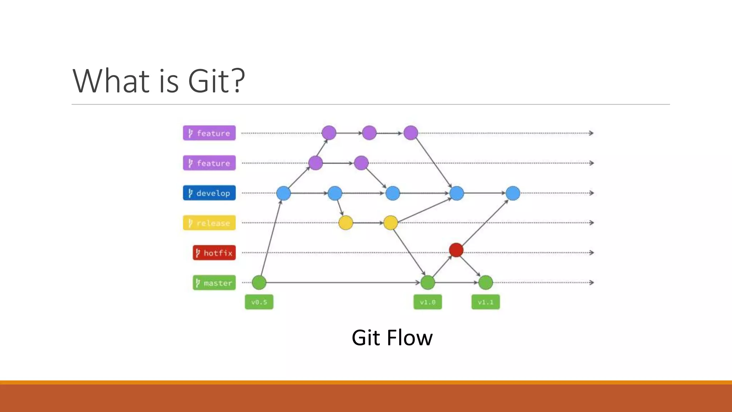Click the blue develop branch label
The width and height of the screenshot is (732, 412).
[209, 193]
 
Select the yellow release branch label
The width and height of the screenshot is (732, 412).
[209, 223]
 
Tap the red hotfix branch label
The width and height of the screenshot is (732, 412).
[214, 253]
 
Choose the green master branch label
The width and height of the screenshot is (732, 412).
[214, 283]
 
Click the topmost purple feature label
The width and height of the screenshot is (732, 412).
[209, 133]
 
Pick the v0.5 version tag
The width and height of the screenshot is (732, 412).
[259, 302]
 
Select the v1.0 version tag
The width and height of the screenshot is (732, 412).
[427, 302]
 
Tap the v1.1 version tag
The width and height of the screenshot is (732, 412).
[485, 302]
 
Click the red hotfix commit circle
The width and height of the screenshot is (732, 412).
[456, 250]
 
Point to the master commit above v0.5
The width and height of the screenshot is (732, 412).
[259, 283]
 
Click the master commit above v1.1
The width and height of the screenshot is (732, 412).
[486, 283]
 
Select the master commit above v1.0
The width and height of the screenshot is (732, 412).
[427, 283]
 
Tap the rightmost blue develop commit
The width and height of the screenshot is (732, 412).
[513, 193]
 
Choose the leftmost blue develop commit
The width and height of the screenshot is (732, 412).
[283, 193]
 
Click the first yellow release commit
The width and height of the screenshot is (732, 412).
[346, 223]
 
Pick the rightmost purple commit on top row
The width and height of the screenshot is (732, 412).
[411, 133]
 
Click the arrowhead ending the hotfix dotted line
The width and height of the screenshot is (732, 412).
[592, 252]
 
